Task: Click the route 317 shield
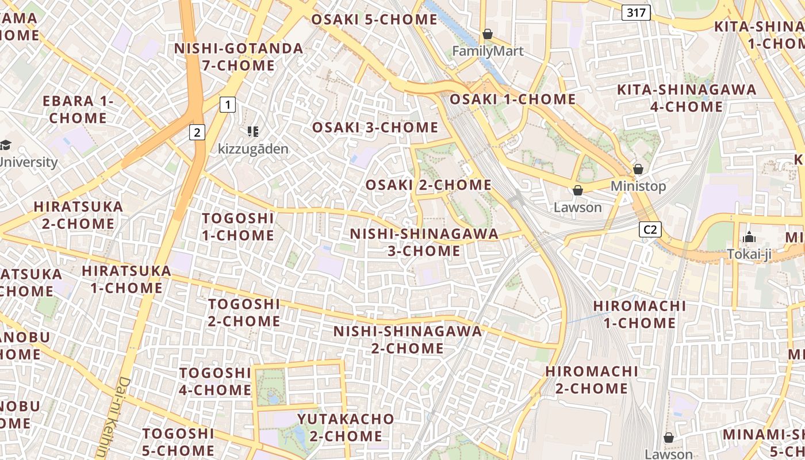[636, 13]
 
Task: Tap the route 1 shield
[228, 105]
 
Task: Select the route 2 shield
[197, 132]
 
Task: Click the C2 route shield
[650, 230]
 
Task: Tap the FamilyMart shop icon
[488, 34]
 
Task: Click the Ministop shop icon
[638, 169]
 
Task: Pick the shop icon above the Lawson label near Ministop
[578, 190]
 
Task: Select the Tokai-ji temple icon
[749, 237]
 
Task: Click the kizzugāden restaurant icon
[252, 132]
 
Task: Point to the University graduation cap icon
[6, 145]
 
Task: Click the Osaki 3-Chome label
[375, 127]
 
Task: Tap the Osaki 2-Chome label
[428, 185]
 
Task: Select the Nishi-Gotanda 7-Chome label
[239, 57]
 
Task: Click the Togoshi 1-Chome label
[238, 227]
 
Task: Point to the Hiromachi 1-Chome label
[639, 314]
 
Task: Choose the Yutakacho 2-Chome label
[346, 427]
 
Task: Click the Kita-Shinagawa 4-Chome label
[687, 98]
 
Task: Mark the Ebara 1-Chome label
[78, 109]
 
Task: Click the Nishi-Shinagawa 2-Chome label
[408, 339]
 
